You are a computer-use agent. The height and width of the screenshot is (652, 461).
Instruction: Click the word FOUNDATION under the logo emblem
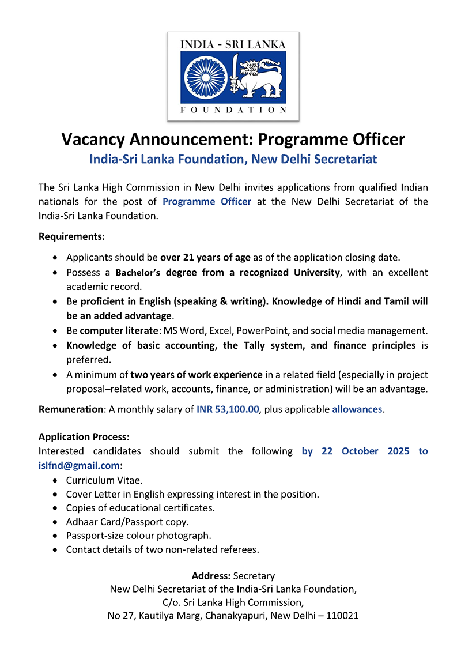coord(233,110)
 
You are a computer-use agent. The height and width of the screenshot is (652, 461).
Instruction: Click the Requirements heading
coord(71,236)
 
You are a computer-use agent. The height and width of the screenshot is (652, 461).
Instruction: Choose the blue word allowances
coord(357,409)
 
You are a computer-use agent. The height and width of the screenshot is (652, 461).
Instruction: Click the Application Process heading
coord(84,437)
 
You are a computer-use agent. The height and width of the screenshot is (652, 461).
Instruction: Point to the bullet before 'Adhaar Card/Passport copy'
coord(55,522)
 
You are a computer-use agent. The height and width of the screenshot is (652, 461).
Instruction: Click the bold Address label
coord(211,576)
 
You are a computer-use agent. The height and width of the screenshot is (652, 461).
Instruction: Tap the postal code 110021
coord(342,616)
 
